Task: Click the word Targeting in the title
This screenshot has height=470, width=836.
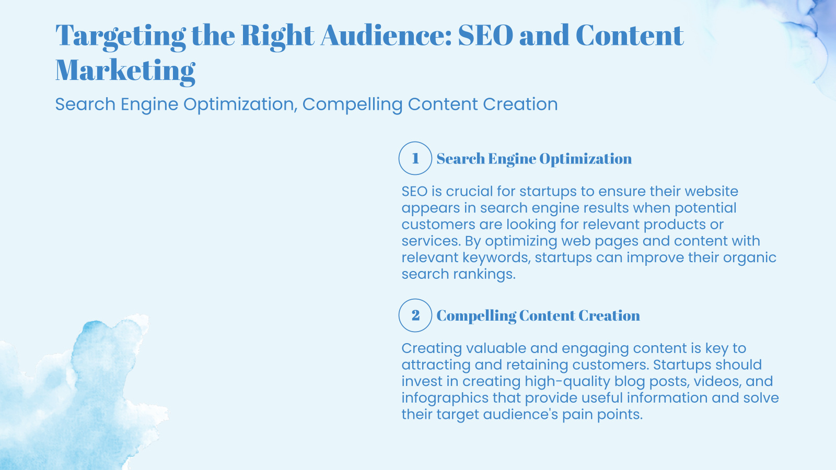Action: pos(120,36)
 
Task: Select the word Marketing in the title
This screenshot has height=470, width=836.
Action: pos(125,70)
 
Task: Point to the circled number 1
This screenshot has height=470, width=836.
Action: pos(415,158)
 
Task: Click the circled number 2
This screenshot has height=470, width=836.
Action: pos(415,315)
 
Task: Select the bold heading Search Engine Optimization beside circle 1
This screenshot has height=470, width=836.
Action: pos(534,159)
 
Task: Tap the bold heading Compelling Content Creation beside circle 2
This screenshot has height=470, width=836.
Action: pos(538,316)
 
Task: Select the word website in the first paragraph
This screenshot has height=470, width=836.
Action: pos(711,191)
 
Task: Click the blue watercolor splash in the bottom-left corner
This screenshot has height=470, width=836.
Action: pos(78,397)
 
